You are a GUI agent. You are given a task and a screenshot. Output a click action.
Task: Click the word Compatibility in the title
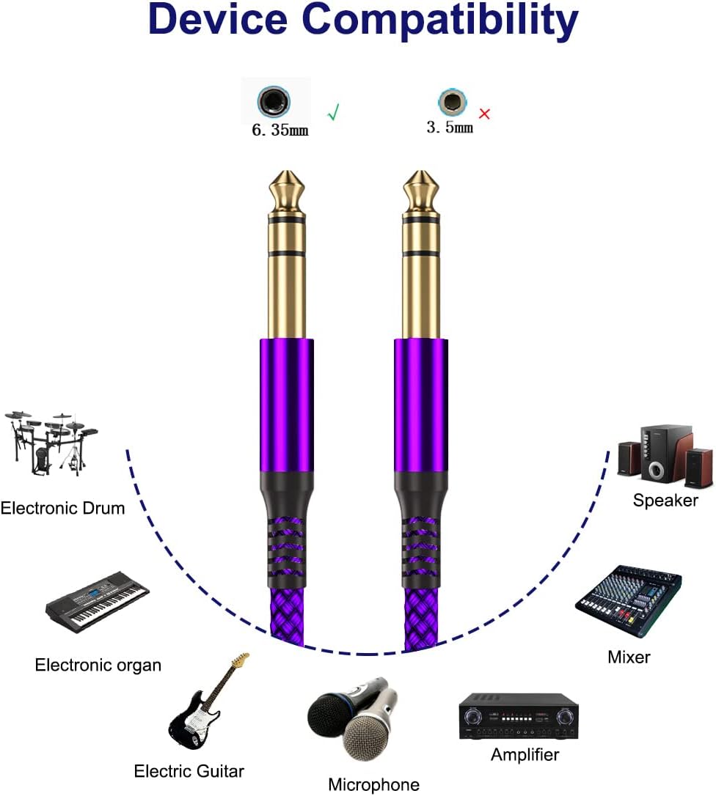440,22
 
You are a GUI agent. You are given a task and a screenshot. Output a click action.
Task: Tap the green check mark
334,113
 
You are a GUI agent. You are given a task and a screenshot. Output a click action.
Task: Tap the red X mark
484,114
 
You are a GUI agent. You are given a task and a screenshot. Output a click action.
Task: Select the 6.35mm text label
280,131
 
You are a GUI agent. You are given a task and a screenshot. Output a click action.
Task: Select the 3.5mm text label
450,128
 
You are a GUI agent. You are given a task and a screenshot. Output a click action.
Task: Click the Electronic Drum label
62,507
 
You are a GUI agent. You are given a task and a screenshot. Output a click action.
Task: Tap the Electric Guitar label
189,770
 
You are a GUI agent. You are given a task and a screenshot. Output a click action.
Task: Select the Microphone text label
373,784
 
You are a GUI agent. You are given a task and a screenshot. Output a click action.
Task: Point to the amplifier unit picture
519,715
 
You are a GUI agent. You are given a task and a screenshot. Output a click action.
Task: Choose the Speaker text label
665,500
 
